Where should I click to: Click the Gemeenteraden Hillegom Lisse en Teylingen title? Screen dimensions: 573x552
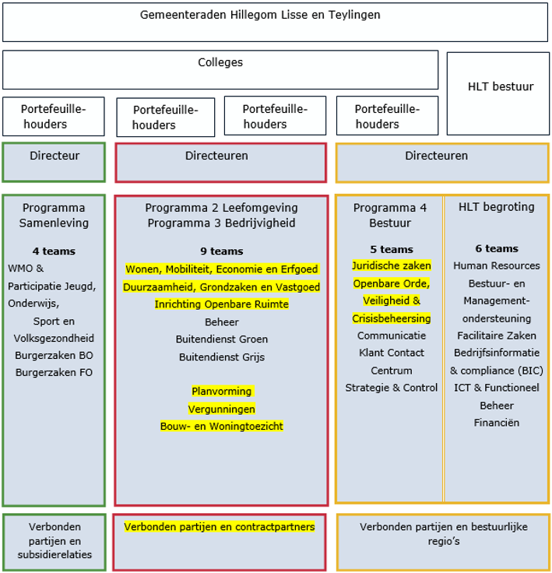(x=271, y=15)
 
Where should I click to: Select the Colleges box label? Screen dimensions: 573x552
(x=220, y=62)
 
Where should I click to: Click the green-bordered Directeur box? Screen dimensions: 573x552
(x=54, y=156)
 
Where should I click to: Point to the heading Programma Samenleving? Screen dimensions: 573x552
(x=54, y=215)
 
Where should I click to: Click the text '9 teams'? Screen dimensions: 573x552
(x=221, y=251)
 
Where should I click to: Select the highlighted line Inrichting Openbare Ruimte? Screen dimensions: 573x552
(x=221, y=304)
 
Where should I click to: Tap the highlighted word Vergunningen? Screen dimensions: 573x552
(x=221, y=409)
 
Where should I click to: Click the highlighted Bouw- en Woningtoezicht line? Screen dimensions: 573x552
(x=221, y=426)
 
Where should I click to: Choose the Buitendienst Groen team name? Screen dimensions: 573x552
(x=221, y=339)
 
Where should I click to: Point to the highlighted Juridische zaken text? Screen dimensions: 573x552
(x=392, y=265)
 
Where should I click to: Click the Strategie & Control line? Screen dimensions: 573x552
(x=392, y=388)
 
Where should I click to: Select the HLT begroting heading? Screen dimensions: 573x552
(x=497, y=207)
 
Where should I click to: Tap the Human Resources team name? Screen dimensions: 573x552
(x=497, y=265)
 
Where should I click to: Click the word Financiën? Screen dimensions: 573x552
(x=497, y=423)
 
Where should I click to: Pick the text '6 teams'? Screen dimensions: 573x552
(x=497, y=249)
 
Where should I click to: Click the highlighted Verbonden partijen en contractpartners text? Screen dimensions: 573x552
(x=220, y=527)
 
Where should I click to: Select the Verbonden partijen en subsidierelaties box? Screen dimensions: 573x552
(x=54, y=540)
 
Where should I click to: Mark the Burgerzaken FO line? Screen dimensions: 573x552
(x=54, y=372)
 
